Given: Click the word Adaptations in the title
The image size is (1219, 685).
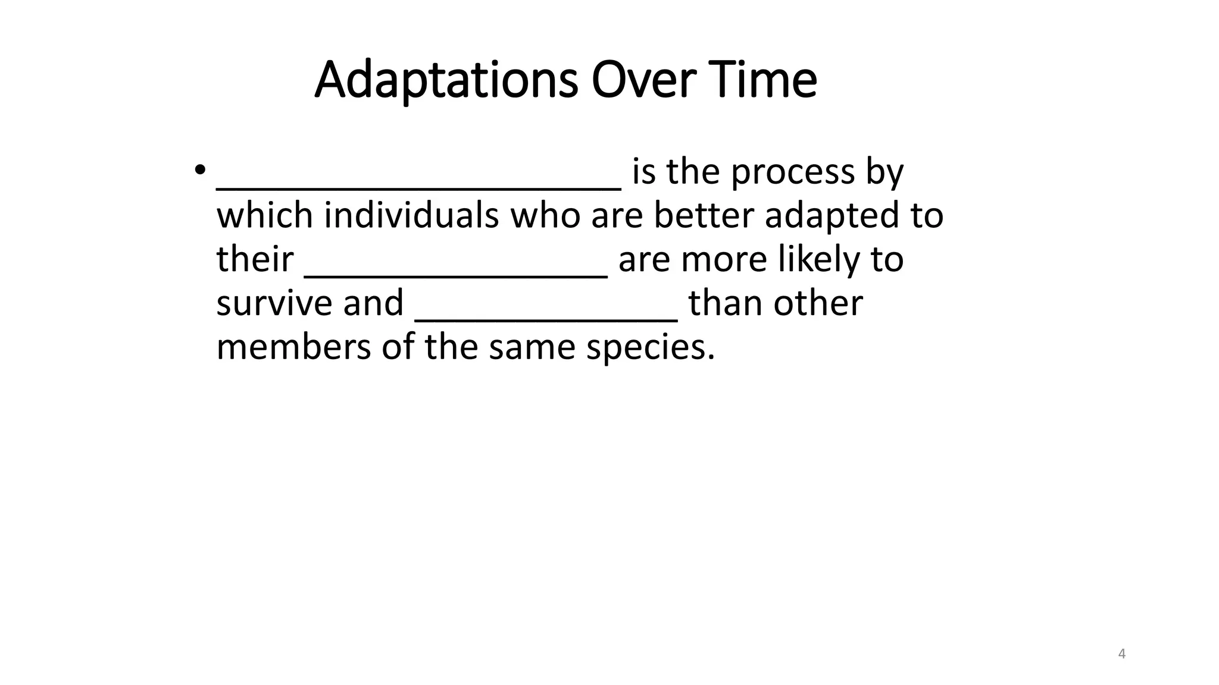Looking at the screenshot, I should pyautogui.click(x=446, y=80).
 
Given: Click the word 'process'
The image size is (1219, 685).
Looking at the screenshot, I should pyautogui.click(x=793, y=172).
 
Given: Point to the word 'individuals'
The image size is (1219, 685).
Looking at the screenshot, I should pyautogui.click(x=411, y=215).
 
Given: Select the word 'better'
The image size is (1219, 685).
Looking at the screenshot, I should pyautogui.click(x=704, y=215).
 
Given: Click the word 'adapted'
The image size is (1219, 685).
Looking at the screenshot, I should pyautogui.click(x=832, y=216).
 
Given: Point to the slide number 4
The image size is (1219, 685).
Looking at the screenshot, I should pyautogui.click(x=1122, y=654).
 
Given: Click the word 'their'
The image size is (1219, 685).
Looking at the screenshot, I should pyautogui.click(x=255, y=260).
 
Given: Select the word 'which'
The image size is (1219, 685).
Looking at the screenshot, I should pyautogui.click(x=264, y=215).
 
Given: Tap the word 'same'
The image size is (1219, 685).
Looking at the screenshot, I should pyautogui.click(x=532, y=347).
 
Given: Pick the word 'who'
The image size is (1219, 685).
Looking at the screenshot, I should pyautogui.click(x=545, y=215).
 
